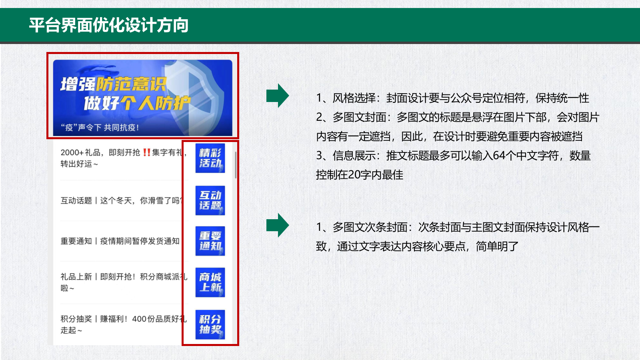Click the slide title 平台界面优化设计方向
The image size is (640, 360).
point(108,25)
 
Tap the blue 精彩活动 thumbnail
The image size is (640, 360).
point(210,158)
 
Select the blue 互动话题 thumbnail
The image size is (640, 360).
point(210,200)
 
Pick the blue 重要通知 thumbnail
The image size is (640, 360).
point(210,241)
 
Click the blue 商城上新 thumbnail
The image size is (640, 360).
point(210,282)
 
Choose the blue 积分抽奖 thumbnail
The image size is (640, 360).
point(210,324)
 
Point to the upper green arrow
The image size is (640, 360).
point(278,96)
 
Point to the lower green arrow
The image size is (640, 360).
point(278,225)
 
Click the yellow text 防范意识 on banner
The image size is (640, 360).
point(131,84)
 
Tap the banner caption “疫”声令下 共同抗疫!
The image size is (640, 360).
point(100,128)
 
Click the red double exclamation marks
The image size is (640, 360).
point(146,152)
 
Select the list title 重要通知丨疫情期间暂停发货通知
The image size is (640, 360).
point(120,241)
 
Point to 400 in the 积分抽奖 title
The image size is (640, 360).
point(139,319)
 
